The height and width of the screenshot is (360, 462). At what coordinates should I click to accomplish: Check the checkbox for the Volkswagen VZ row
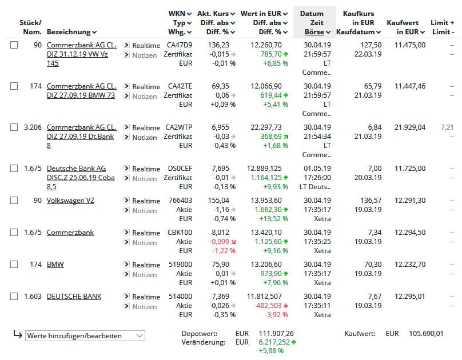coord(14,201)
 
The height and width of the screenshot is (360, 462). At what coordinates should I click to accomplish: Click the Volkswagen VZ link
coord(70,201)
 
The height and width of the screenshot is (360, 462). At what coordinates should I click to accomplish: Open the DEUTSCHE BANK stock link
coord(74,297)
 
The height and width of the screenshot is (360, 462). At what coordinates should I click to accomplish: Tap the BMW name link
coord(55,265)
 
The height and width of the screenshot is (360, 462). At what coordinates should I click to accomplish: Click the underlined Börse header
coord(314,32)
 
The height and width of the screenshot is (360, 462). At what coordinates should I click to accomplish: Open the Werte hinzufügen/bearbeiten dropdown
coord(85,336)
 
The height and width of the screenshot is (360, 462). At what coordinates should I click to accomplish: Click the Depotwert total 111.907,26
coord(276,334)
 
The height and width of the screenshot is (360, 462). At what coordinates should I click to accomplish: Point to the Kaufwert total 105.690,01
coord(426,334)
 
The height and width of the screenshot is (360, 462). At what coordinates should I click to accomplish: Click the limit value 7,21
coord(447,127)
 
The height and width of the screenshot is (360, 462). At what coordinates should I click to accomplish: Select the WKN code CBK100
coord(180,232)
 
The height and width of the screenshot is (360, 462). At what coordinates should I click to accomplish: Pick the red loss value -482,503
coord(268,306)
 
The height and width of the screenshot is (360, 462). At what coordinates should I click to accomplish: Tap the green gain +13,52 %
coord(273,219)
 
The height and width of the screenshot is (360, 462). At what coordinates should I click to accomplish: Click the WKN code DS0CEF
coord(180,169)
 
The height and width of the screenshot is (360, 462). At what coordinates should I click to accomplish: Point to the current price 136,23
coord(218,45)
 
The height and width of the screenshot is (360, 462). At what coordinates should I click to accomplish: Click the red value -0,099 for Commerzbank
coord(219,241)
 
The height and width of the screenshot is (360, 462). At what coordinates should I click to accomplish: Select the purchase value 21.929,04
coord(410,127)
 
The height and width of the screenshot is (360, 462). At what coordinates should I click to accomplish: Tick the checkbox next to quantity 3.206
coord(14,127)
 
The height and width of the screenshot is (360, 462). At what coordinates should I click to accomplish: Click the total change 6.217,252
coord(274,342)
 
